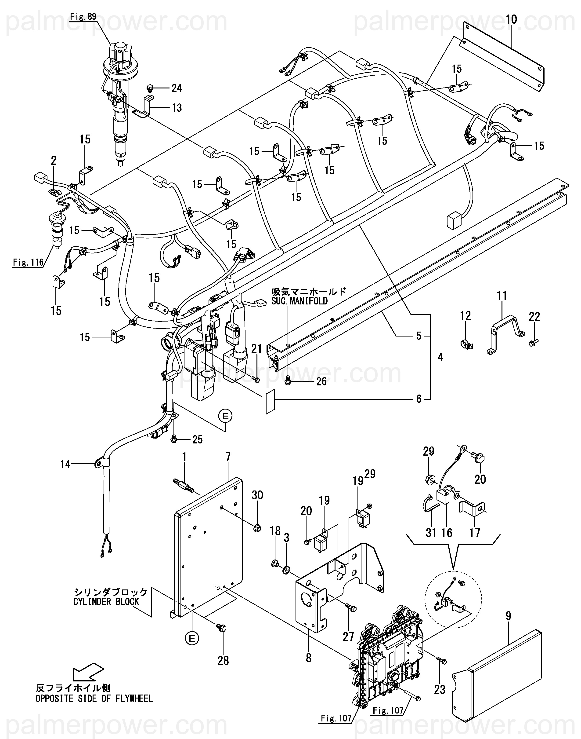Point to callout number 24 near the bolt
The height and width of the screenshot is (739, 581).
point(177,88)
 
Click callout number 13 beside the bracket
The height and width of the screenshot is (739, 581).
point(177,108)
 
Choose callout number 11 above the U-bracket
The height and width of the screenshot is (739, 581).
point(502,296)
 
